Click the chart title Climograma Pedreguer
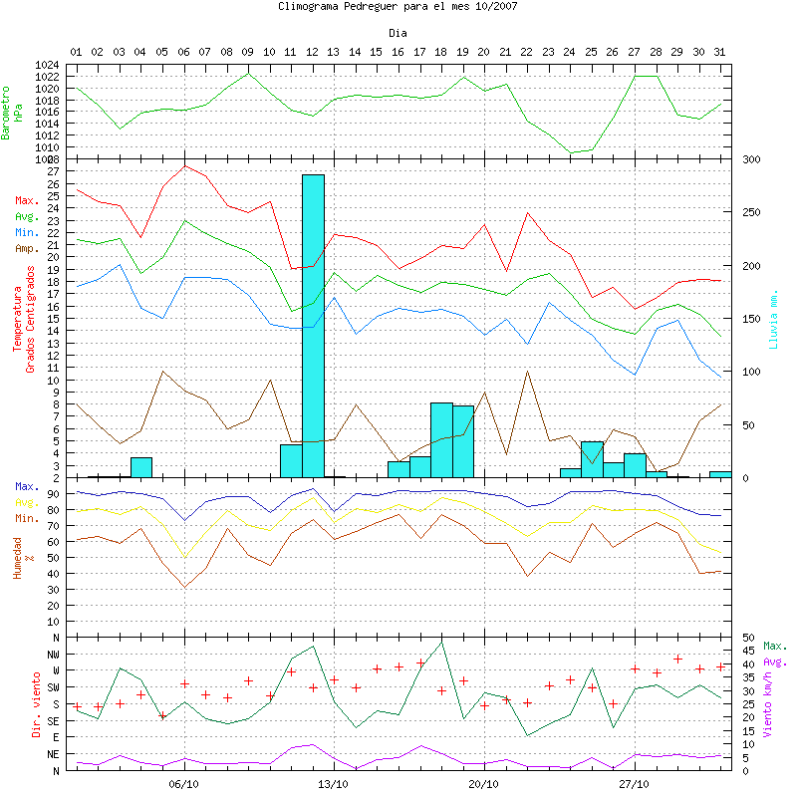click(398, 6)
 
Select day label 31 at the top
click(719, 51)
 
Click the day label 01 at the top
click(76, 51)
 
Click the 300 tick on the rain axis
click(751, 159)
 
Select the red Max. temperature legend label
click(26, 200)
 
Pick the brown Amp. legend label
click(26, 248)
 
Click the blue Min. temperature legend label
click(26, 232)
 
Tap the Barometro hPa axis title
click(13, 111)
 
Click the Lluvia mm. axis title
click(773, 318)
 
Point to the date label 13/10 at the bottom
click(334, 783)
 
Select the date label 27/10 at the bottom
click(634, 783)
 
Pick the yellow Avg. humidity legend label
click(26, 502)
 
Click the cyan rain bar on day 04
click(141, 467)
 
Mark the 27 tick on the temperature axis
click(54, 171)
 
